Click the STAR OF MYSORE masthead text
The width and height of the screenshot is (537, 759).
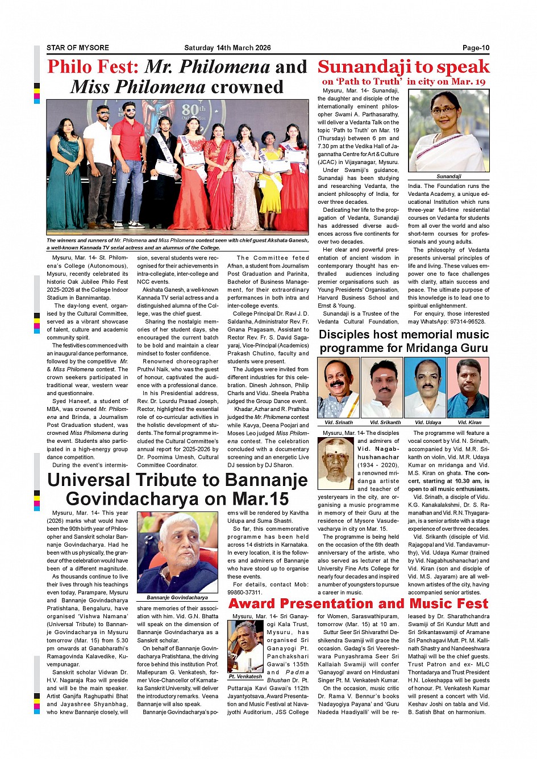(x=78, y=48)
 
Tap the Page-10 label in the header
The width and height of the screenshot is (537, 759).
(x=476, y=48)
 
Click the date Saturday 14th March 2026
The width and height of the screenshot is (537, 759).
(x=227, y=48)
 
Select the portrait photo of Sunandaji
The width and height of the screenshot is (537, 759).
(x=448, y=131)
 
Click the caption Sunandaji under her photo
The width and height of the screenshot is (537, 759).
(x=449, y=177)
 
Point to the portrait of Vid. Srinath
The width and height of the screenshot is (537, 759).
(x=338, y=388)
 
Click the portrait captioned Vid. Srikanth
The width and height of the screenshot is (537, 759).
(x=382, y=388)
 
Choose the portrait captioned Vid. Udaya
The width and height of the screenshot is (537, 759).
(x=424, y=388)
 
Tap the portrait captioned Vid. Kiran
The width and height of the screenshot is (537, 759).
(x=468, y=388)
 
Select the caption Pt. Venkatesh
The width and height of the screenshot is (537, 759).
(x=245, y=676)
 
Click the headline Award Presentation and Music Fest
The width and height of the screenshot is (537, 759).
(x=358, y=603)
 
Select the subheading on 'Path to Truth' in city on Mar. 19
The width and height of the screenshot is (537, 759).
(x=403, y=81)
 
